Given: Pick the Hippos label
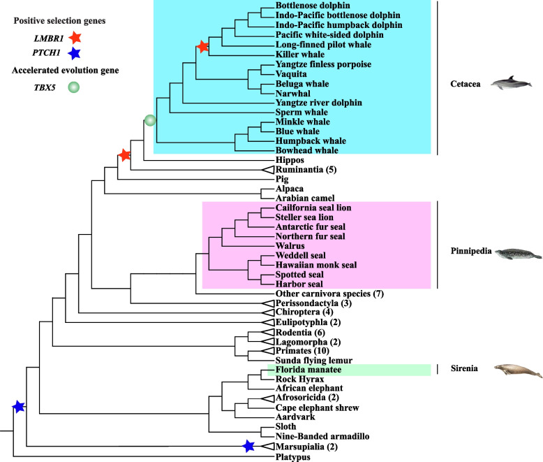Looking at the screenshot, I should tap(271, 159).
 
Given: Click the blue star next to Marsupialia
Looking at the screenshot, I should tap(247, 445).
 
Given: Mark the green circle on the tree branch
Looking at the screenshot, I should tap(149, 121).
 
